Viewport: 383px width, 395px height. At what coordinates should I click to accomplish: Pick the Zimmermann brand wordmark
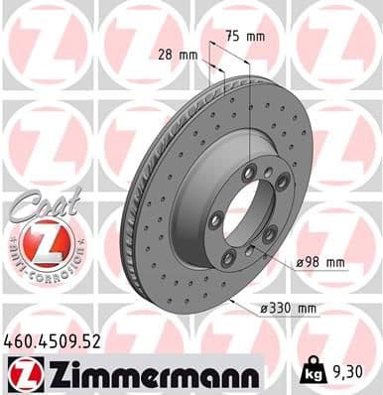coord(146,373)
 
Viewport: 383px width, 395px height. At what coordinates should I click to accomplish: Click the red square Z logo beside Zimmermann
coord(21,373)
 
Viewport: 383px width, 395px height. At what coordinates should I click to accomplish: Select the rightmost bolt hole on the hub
coord(282,183)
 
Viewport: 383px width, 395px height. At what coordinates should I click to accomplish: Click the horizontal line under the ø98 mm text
coord(319,272)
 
